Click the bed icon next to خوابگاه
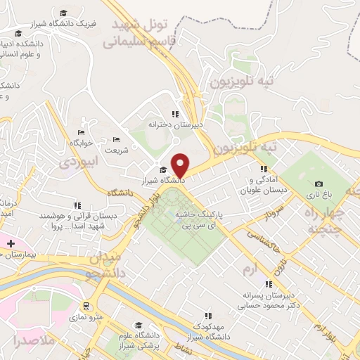(x=82, y=132)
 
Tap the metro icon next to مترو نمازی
(x=86, y=307)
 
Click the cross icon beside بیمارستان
(x=10, y=244)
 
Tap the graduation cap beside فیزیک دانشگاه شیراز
(x=65, y=13)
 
